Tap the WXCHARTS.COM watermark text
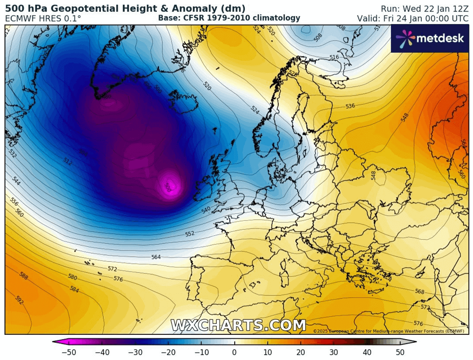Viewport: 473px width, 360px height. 238,325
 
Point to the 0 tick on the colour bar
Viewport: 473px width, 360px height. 234,352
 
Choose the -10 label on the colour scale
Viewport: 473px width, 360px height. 200,352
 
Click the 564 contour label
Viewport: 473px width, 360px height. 156,257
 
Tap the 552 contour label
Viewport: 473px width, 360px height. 190,234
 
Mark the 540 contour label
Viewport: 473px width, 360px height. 206,210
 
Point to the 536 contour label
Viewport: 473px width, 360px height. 350,106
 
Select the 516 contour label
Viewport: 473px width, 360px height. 334,58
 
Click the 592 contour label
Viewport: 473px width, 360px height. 19,300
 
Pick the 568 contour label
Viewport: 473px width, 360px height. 420,292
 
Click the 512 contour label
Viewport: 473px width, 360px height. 68,161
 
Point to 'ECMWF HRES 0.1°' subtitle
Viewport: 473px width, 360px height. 43,18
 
